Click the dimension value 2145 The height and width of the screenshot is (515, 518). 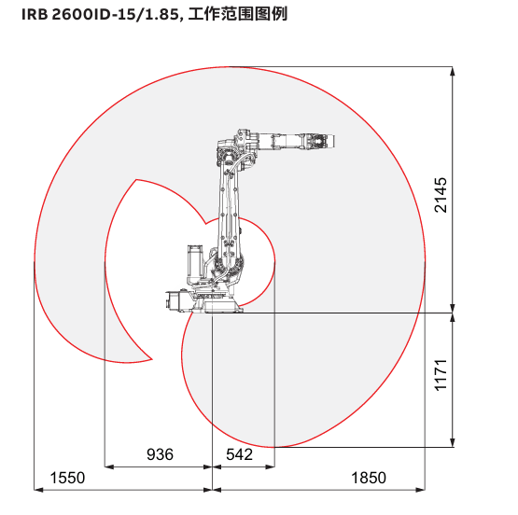(441, 195)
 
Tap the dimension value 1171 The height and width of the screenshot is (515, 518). (441, 375)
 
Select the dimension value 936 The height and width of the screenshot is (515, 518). (160, 454)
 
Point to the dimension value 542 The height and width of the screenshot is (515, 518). (239, 454)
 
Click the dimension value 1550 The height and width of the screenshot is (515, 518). (67, 478)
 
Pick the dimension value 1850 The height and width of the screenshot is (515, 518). (369, 478)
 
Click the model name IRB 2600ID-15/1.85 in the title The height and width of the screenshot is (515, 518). (101, 15)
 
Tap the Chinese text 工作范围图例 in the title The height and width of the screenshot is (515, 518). (238, 14)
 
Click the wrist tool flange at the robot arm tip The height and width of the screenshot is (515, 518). (329, 141)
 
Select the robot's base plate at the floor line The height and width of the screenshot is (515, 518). (218, 307)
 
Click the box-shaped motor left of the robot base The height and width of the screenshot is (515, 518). (176, 299)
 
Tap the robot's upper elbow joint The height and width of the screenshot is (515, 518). (227, 156)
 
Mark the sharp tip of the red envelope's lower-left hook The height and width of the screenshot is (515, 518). (152, 359)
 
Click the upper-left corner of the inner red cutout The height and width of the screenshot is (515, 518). (136, 180)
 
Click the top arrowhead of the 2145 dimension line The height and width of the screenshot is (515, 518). (453, 71)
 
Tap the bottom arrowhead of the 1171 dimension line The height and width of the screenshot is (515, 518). (453, 443)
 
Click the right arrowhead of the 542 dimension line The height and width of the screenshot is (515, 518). (271, 466)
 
